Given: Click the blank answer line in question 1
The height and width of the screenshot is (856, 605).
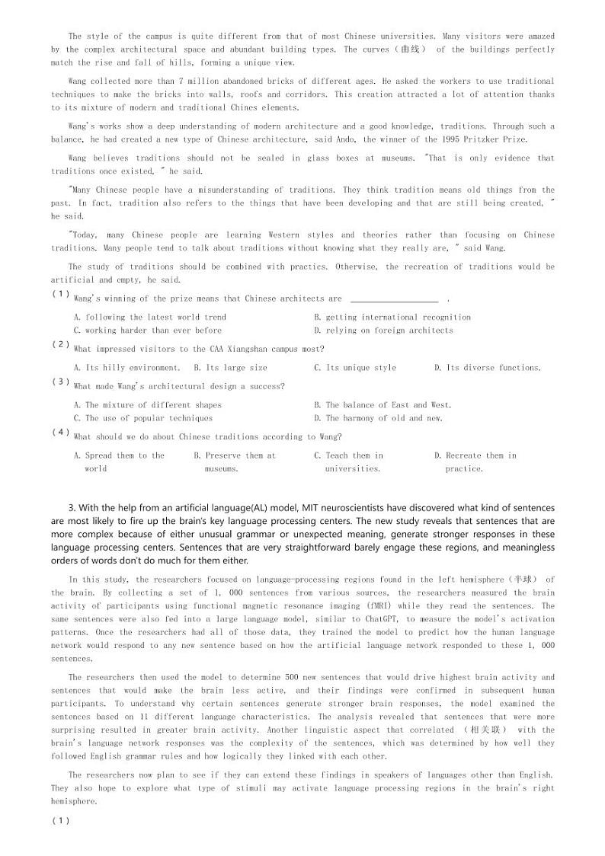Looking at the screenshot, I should pos(393,299).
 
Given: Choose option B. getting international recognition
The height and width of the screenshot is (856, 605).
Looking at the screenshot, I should pos(392,318).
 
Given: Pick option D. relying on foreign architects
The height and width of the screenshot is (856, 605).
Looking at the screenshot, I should pos(383,331).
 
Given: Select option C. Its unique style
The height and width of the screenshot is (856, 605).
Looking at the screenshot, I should pos(355,368).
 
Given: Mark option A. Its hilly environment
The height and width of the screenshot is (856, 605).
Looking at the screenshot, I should pos(126,368).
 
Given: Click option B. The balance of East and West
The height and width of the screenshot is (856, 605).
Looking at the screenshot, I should pos(383,405).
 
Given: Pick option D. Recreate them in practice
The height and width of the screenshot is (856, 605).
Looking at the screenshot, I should pos(475,462).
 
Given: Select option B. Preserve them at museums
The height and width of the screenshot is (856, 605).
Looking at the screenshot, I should pos(235,462).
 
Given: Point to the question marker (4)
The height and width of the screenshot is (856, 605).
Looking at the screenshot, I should pos(61,433).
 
